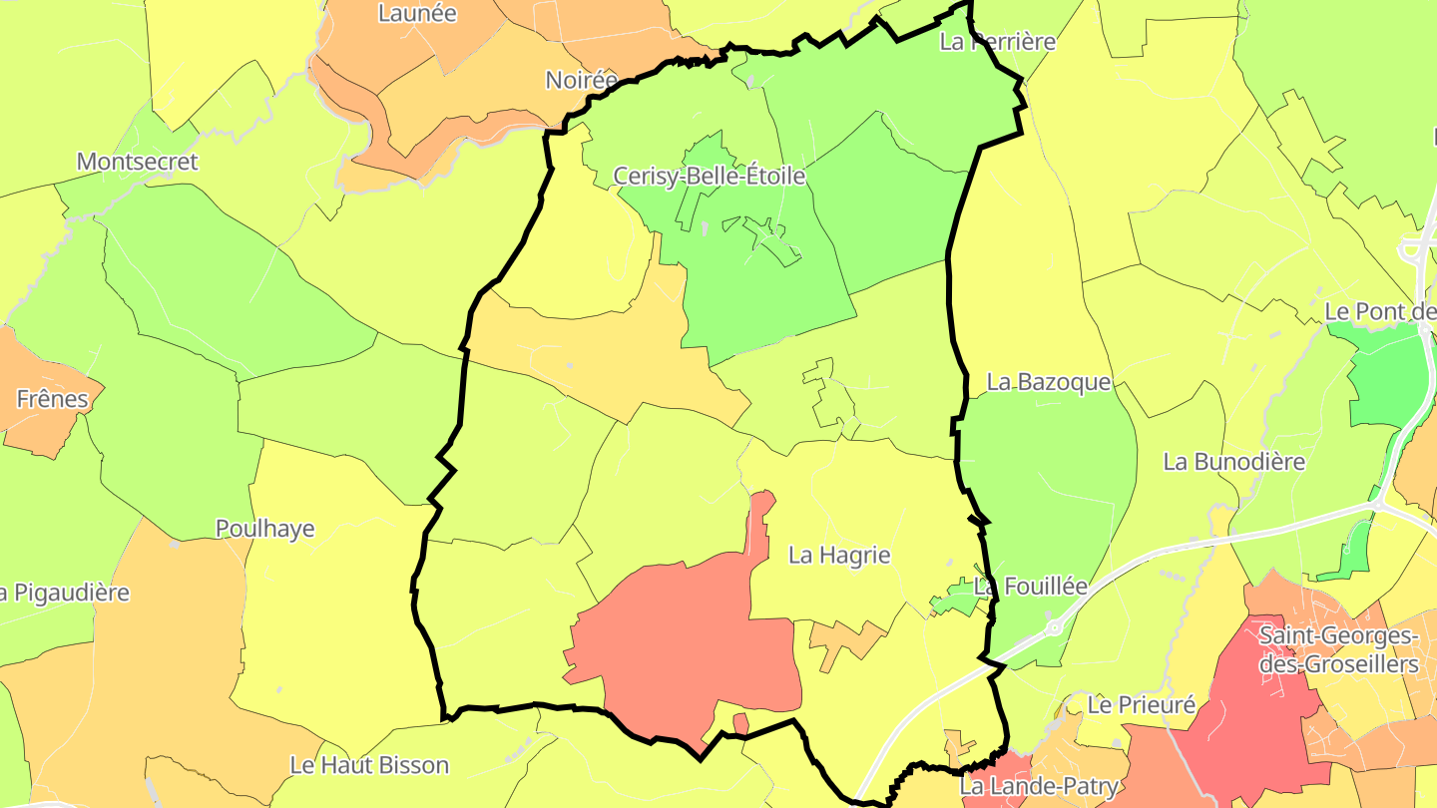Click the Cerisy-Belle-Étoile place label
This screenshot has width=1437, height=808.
click(709, 177)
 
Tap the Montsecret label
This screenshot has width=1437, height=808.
click(138, 162)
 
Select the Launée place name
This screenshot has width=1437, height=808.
click(417, 13)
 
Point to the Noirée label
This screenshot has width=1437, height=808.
click(581, 80)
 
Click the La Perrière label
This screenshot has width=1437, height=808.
click(998, 42)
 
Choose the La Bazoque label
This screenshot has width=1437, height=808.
click(1049, 382)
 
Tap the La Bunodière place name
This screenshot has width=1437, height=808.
click(1234, 462)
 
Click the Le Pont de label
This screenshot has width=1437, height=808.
click(1380, 312)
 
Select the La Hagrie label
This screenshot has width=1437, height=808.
click(839, 555)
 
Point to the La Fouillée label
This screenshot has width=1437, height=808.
click(1031, 586)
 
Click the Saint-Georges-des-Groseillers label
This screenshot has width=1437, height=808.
click(1338, 649)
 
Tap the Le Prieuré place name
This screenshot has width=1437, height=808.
click(1142, 705)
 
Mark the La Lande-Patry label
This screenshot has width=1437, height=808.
click(1039, 787)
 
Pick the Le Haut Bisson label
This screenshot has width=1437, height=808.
click(369, 765)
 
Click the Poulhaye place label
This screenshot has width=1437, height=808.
click(265, 529)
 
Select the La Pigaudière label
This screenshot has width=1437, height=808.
click(64, 593)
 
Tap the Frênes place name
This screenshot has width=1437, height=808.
click(52, 399)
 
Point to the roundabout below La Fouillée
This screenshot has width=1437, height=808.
click(1054, 627)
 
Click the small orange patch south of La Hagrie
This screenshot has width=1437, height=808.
click(846, 639)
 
